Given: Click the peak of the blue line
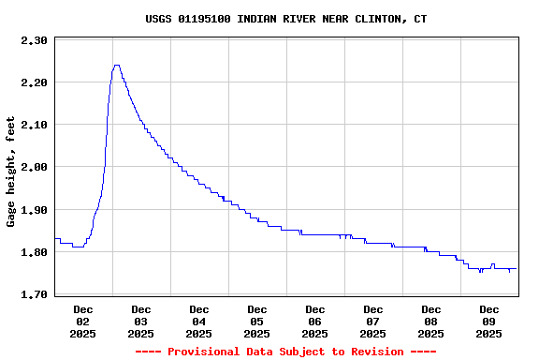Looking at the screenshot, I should (116, 66).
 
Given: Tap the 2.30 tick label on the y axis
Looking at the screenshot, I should (34, 40).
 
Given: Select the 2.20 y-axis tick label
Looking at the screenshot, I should (34, 82).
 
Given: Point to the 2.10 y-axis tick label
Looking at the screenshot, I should (34, 125).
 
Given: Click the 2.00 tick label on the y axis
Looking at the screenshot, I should (34, 167).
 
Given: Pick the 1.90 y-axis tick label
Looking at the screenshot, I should (34, 210).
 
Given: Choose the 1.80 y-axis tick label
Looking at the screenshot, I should (34, 252).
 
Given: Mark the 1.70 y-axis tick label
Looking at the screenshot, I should (34, 294).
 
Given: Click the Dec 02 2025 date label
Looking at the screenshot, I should (83, 321).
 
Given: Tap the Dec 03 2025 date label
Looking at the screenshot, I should (141, 321).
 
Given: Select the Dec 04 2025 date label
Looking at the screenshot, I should (199, 321).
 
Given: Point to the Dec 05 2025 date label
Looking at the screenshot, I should (257, 321).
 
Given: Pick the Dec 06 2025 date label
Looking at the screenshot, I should (315, 321).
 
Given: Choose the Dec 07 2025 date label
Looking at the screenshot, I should (373, 321).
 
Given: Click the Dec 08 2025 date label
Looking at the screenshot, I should (431, 321).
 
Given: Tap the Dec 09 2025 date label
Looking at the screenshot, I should (489, 321).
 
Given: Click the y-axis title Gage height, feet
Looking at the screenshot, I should (11, 172).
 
